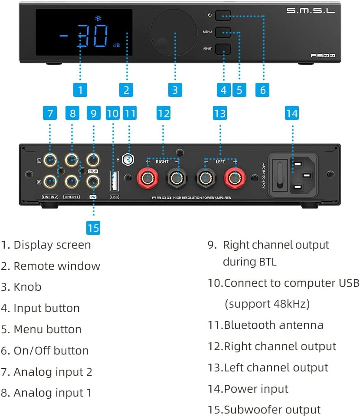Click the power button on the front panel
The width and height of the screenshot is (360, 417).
tap(223, 16)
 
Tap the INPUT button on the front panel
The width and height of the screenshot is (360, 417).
tap(223, 49)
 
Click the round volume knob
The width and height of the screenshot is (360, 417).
tap(173, 32)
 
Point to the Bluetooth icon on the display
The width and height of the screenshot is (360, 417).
tap(97, 18)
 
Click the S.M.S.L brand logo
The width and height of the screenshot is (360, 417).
tap(311, 11)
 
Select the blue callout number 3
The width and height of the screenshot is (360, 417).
tap(175, 90)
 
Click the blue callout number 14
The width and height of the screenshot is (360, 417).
tap(292, 113)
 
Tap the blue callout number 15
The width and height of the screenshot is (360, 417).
tap(93, 227)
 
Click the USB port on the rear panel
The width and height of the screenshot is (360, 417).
tap(115, 181)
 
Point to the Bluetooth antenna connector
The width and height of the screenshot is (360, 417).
tap(128, 160)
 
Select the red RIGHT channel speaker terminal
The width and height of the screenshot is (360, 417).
tap(148, 178)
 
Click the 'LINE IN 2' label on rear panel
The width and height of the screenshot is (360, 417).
tap(50, 197)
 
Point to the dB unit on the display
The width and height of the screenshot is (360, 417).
tap(116, 45)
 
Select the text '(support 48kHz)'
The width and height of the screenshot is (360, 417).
tap(267, 304)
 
